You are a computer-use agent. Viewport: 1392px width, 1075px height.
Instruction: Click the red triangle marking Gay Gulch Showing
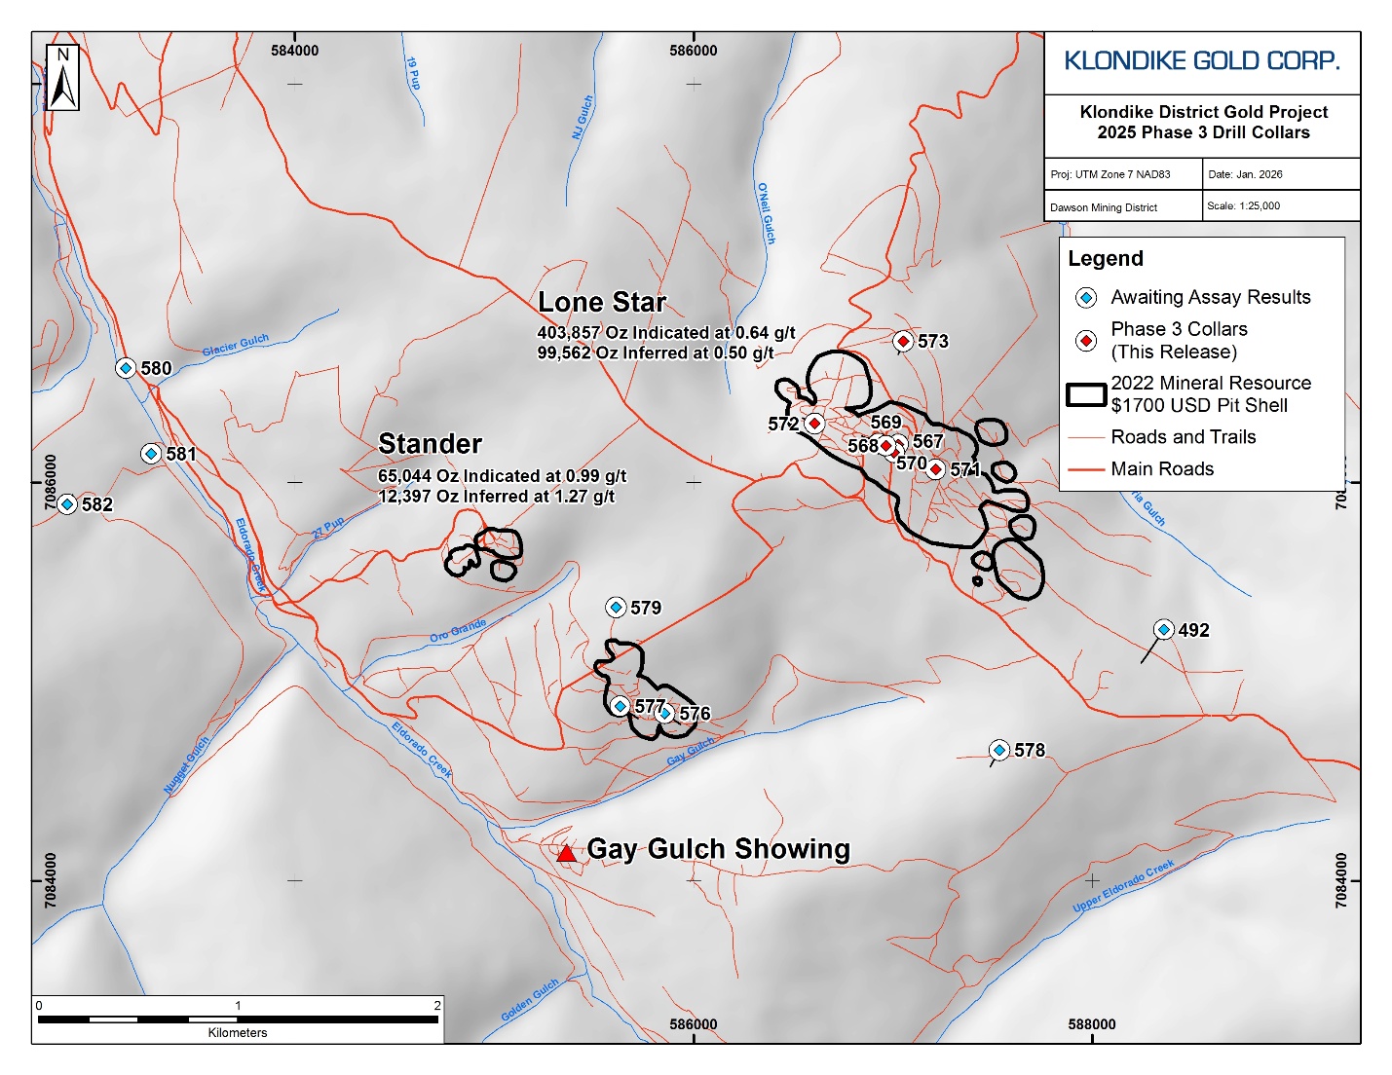point(566,854)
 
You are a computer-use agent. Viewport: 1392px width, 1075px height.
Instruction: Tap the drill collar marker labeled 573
point(903,341)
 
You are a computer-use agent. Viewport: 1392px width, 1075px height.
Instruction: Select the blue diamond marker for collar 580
point(125,368)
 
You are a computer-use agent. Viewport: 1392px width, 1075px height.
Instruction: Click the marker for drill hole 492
point(1163,630)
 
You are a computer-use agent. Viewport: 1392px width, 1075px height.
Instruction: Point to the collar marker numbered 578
point(998,750)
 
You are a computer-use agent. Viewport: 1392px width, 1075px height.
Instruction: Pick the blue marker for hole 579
point(616,608)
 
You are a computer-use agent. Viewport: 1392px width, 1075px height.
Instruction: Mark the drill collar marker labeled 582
point(66,504)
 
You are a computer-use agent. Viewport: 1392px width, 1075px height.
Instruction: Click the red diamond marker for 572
point(814,424)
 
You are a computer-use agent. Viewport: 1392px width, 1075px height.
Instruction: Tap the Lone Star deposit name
point(602,303)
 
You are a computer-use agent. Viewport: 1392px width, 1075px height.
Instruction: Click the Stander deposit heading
point(430,444)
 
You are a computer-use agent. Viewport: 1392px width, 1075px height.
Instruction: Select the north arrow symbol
point(62,78)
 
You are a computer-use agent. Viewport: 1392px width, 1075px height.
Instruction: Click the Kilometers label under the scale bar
point(238,1033)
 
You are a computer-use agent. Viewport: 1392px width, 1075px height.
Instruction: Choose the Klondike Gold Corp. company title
point(1202,61)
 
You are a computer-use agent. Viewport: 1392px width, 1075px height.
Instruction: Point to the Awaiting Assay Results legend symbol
point(1086,298)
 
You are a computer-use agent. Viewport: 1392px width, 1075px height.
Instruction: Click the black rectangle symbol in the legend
point(1086,394)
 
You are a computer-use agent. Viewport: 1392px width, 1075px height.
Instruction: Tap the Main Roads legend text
point(1162,469)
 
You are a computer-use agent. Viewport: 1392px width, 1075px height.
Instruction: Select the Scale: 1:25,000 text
point(1243,206)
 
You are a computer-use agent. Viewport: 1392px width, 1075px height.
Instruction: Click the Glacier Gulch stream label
point(236,345)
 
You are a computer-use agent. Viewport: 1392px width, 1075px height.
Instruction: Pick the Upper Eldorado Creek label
point(1123,887)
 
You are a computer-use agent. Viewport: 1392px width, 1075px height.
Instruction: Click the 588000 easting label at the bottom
point(1091,1024)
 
